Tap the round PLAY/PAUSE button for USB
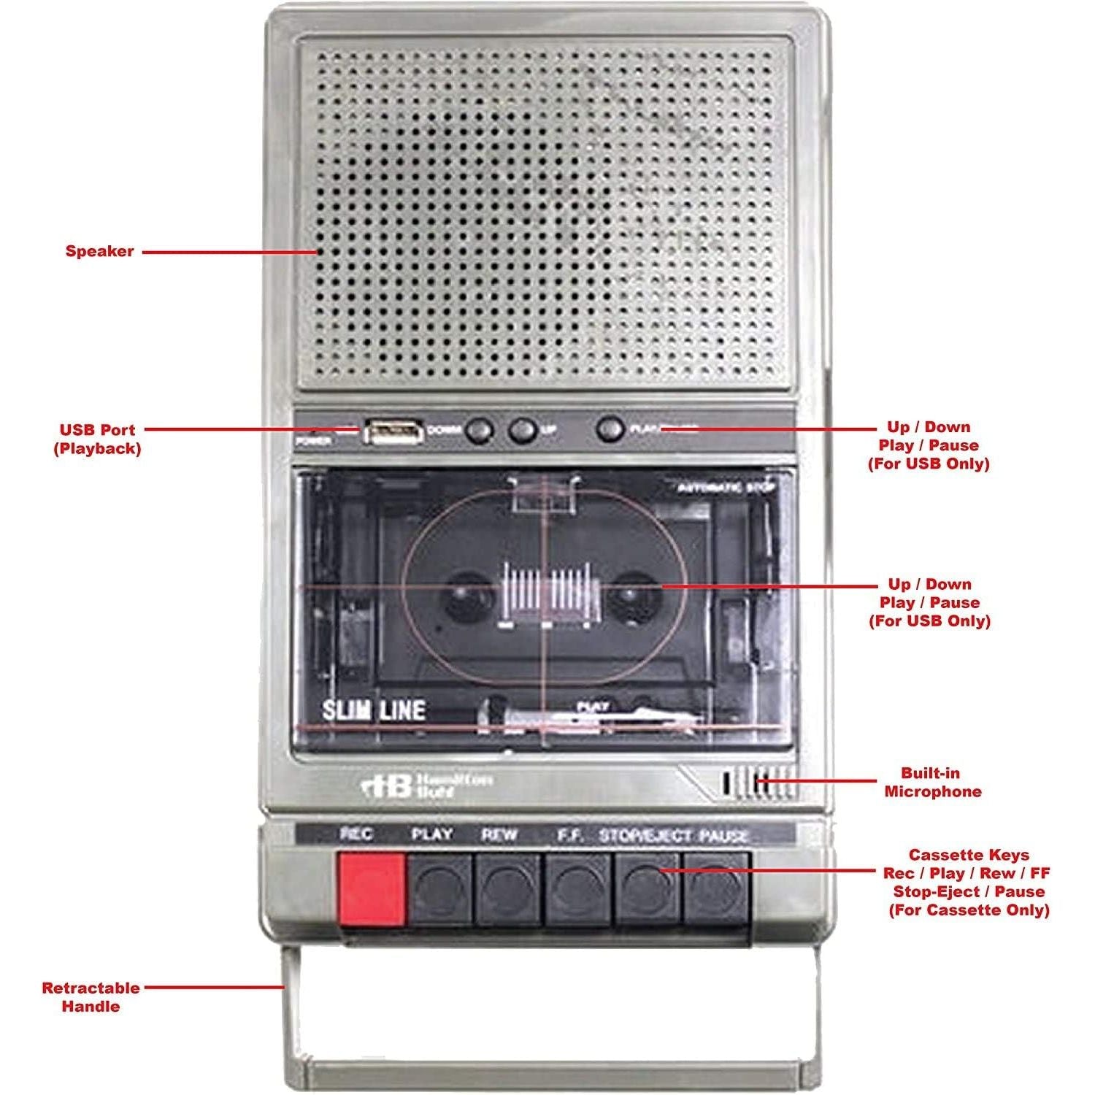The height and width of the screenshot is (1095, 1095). coord(610,429)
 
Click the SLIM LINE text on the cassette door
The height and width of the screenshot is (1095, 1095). coord(374,710)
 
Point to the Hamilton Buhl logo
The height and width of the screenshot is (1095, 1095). coord(427,786)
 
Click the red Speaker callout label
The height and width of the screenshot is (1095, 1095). coord(99,251)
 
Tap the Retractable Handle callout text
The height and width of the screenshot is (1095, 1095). coord(91,997)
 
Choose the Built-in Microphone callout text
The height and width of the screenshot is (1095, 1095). coord(932,783)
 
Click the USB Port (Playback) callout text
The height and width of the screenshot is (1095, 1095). coord(97,439)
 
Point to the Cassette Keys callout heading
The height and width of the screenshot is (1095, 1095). coord(969,855)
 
